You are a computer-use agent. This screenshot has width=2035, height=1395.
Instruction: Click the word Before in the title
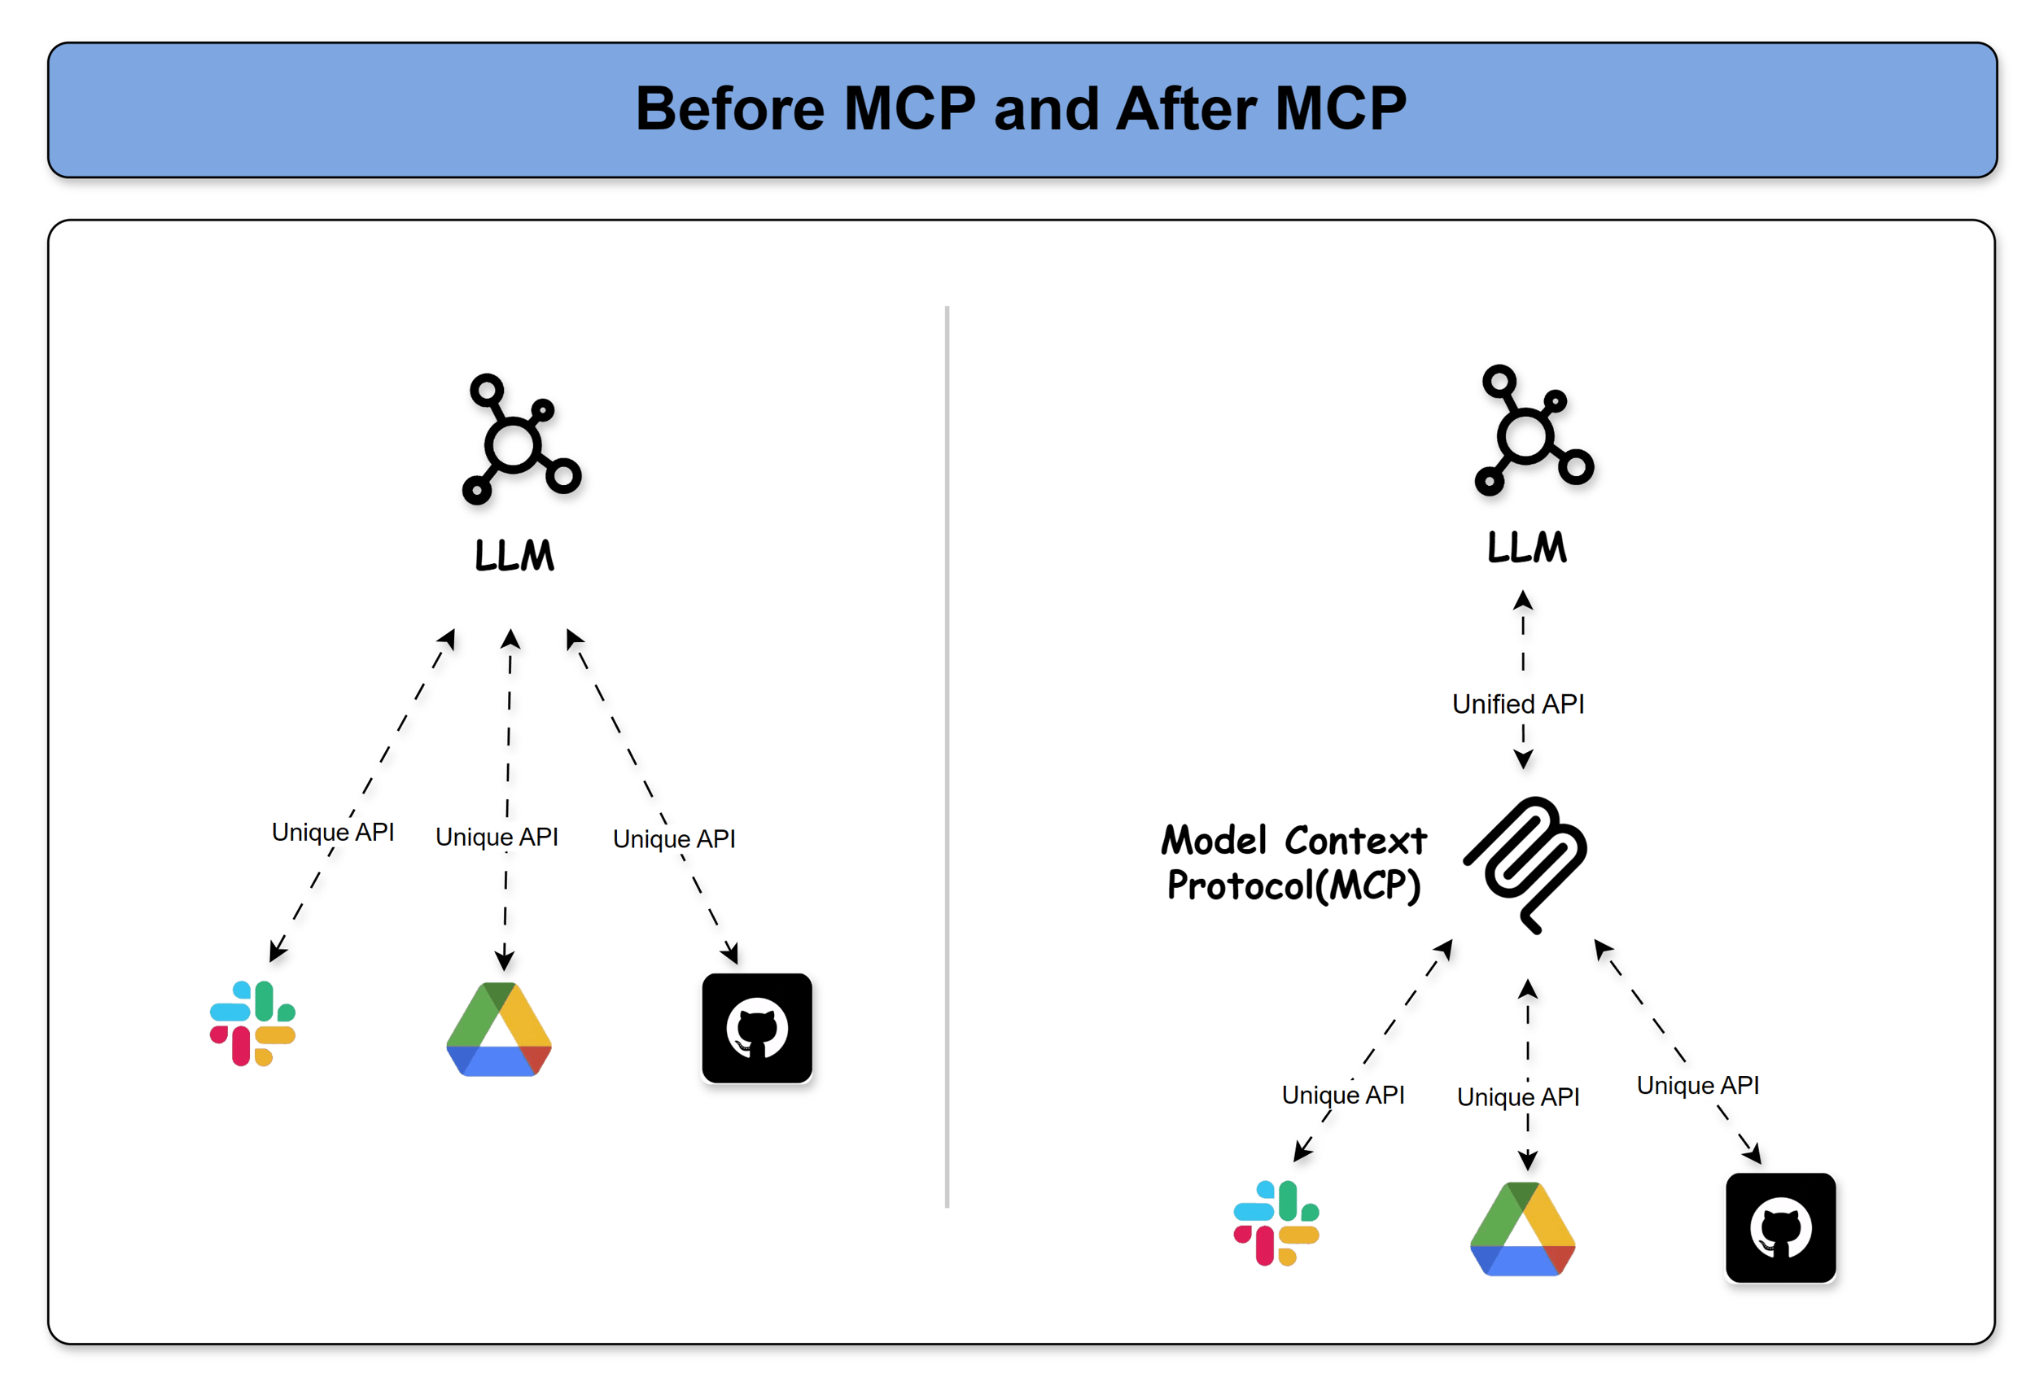(729, 109)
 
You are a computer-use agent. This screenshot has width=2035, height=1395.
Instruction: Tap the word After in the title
(1186, 109)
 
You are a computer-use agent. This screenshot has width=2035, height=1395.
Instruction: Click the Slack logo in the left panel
(252, 1023)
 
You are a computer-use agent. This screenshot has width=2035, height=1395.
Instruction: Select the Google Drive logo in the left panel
(498, 1030)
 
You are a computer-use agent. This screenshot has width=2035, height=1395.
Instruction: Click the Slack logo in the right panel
(1276, 1222)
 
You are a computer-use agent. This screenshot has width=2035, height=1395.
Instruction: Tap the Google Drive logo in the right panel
(1522, 1230)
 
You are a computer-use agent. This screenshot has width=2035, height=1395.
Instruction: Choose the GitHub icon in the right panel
(1780, 1227)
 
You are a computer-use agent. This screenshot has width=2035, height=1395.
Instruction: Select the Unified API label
(1517, 704)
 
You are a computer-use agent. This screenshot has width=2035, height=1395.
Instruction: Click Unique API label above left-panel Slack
(333, 832)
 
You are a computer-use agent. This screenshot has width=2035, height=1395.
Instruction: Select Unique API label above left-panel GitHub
(673, 839)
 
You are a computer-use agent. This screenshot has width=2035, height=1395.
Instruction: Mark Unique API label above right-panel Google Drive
(1517, 1096)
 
